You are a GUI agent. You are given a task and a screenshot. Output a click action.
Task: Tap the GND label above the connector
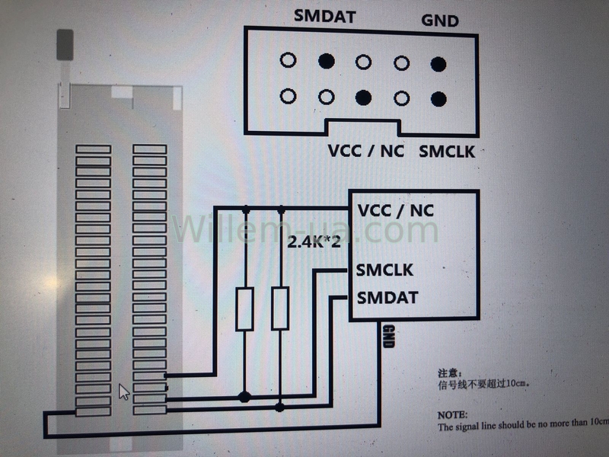pyautogui.click(x=440, y=21)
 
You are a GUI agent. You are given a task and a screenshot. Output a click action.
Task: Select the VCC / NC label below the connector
pyautogui.click(x=366, y=150)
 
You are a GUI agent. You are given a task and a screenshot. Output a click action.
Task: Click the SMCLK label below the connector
pyautogui.click(x=447, y=151)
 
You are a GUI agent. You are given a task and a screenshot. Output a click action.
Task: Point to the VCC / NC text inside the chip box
pyautogui.click(x=396, y=211)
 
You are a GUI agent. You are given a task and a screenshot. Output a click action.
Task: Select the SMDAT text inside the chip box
pyautogui.click(x=387, y=297)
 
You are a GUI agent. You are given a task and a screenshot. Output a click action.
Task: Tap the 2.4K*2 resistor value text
pyautogui.click(x=314, y=244)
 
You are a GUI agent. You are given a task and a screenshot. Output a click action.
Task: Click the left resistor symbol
pyautogui.click(x=244, y=308)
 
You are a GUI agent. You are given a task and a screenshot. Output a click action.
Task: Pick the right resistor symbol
pyautogui.click(x=280, y=308)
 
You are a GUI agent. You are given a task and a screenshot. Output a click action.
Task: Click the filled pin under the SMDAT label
pyautogui.click(x=326, y=60)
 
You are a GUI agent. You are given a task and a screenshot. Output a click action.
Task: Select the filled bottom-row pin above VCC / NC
pyautogui.click(x=363, y=97)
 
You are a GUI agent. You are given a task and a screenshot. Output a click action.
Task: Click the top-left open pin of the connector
pyautogui.click(x=288, y=59)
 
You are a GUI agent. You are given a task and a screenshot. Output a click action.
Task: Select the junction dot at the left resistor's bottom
pyautogui.click(x=244, y=397)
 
